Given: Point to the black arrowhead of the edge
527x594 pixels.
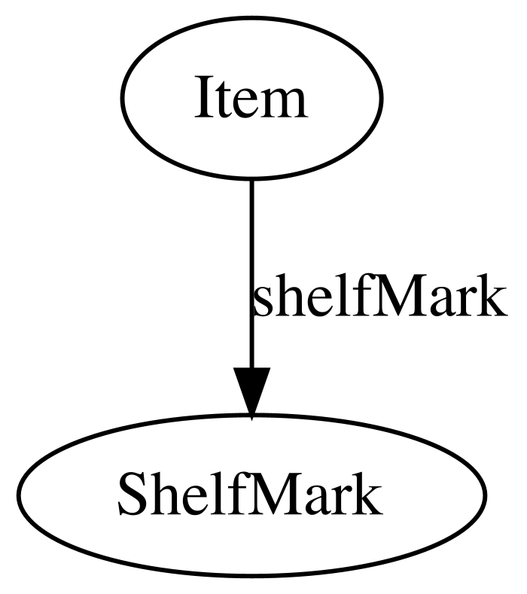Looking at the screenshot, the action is pyautogui.click(x=251, y=393).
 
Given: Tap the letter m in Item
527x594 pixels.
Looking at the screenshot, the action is pyautogui.click(x=283, y=104).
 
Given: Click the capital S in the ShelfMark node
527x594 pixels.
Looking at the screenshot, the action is pyautogui.click(x=132, y=495).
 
